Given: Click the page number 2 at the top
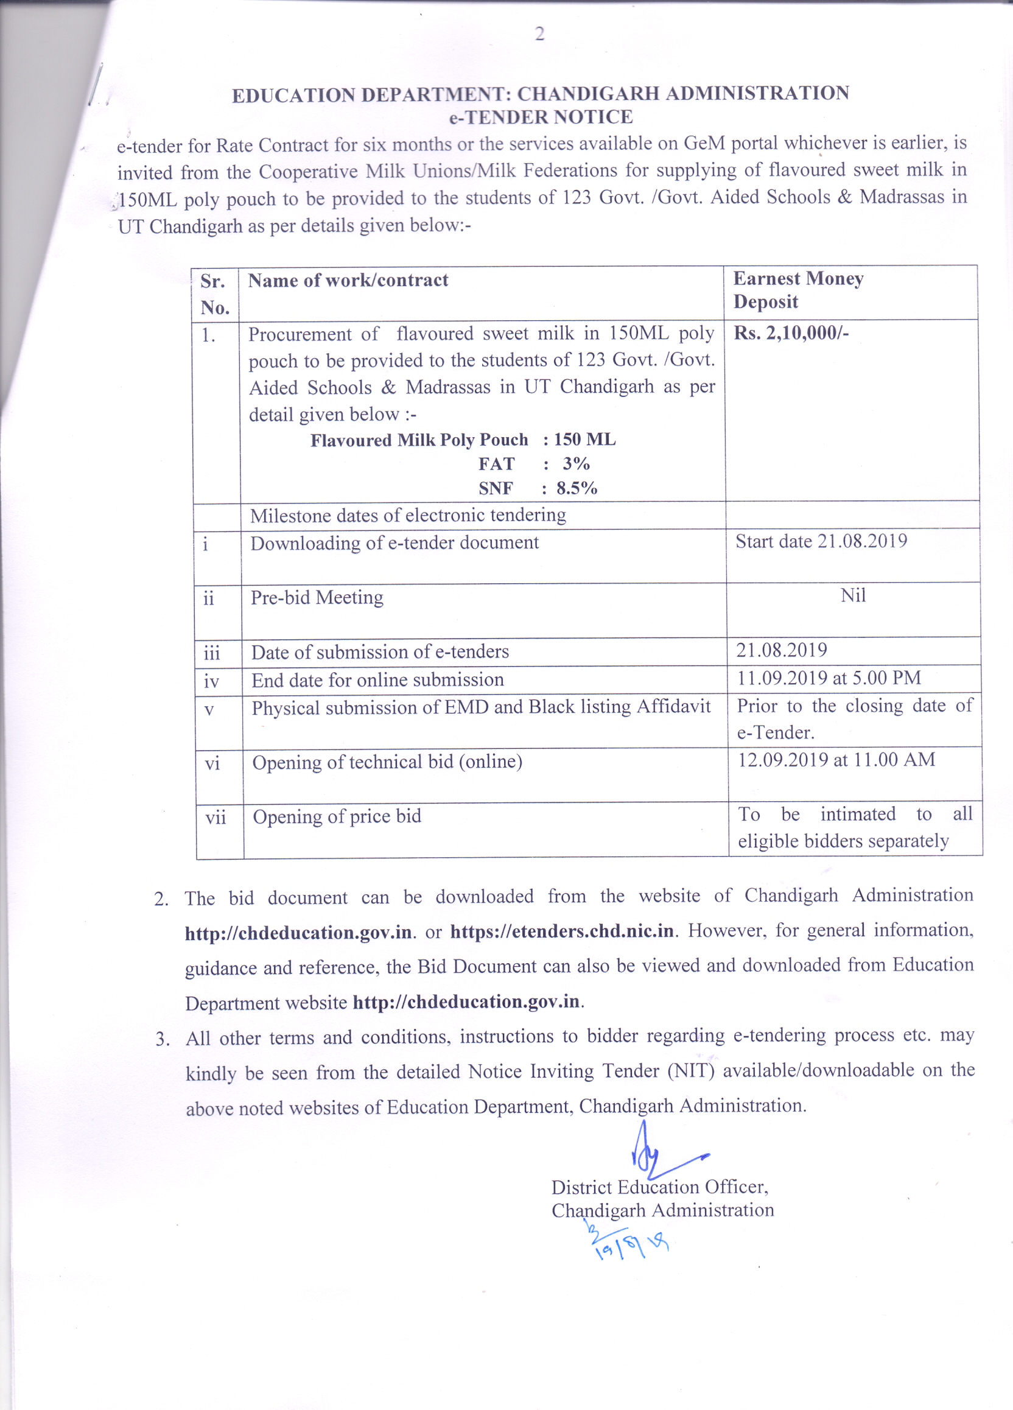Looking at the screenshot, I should pyautogui.click(x=539, y=34).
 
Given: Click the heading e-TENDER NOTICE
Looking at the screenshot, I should pyautogui.click(x=541, y=117).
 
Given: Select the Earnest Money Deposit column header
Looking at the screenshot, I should pyautogui.click(x=798, y=290).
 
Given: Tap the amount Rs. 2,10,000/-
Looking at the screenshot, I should pyautogui.click(x=791, y=333).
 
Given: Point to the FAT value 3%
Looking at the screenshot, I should pyautogui.click(x=576, y=464).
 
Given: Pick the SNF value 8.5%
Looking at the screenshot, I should pyautogui.click(x=577, y=489).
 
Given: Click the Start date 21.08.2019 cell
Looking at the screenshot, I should pyautogui.click(x=821, y=541).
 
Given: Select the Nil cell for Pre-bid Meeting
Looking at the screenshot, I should pyautogui.click(x=853, y=595).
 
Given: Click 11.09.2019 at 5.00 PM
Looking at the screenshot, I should pyautogui.click(x=829, y=678).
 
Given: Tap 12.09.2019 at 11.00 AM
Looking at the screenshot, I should pyautogui.click(x=836, y=760).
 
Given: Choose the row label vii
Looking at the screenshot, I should pyautogui.click(x=216, y=817).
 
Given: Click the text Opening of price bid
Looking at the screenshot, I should pyautogui.click(x=337, y=816).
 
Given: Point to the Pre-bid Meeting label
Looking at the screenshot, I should pyautogui.click(x=317, y=597).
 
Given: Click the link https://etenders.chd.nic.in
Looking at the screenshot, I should pyautogui.click(x=562, y=931).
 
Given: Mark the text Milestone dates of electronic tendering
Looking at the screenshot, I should pyautogui.click(x=408, y=516).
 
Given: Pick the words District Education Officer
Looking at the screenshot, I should pyautogui.click(x=659, y=1187).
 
